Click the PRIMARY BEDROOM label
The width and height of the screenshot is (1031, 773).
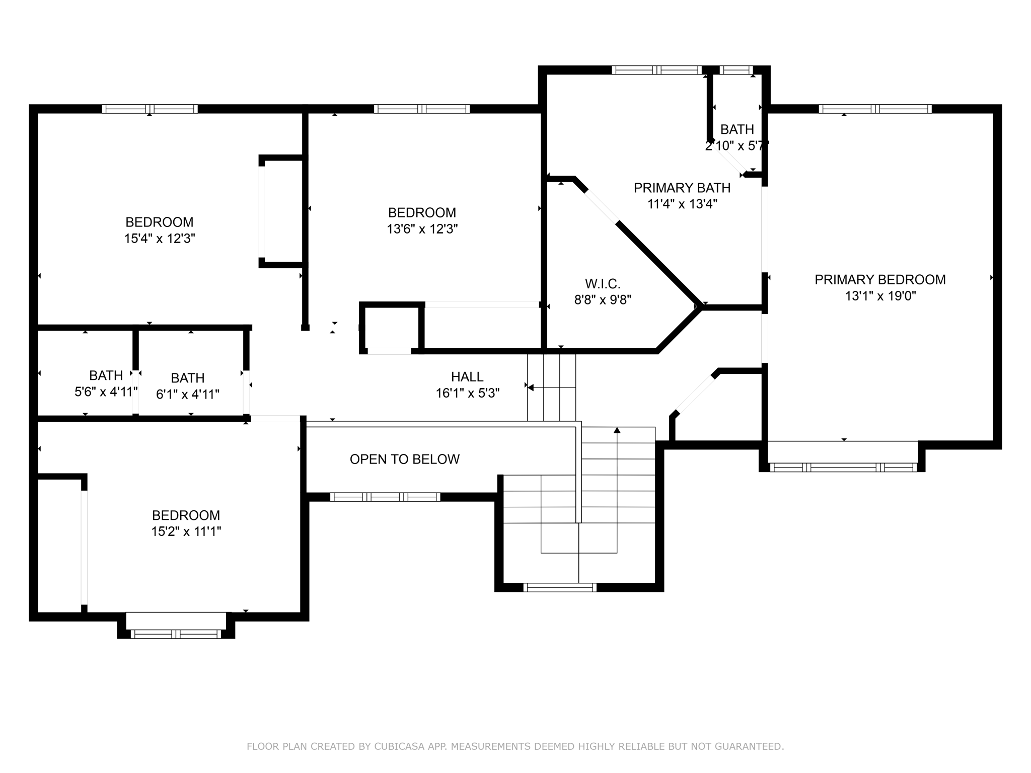click(x=880, y=279)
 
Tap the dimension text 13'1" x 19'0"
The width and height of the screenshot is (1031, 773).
click(x=880, y=296)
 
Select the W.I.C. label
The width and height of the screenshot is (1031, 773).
click(x=603, y=283)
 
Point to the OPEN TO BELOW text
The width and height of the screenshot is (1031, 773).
click(x=404, y=459)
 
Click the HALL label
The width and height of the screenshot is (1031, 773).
click(x=467, y=376)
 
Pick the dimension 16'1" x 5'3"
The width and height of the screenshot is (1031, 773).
click(x=467, y=393)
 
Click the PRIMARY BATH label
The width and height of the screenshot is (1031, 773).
click(x=682, y=188)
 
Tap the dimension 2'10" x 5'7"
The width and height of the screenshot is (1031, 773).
click(x=737, y=146)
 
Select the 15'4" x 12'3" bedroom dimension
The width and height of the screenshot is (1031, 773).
click(x=160, y=239)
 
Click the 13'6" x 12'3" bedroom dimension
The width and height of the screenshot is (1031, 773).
click(x=422, y=229)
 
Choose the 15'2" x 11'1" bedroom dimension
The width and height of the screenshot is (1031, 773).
click(x=186, y=531)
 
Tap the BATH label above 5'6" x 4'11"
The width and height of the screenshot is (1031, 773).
click(x=106, y=375)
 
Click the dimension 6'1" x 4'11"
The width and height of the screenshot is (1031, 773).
click(x=188, y=394)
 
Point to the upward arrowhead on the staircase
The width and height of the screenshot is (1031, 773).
click(x=617, y=430)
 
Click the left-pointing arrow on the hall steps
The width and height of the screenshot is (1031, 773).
click(x=530, y=387)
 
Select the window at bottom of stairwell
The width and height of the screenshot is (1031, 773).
click(x=560, y=587)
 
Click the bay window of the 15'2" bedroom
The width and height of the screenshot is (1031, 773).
click(x=176, y=634)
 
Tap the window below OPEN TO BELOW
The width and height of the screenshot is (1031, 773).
click(x=385, y=497)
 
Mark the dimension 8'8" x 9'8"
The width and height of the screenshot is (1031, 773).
click(x=603, y=300)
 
